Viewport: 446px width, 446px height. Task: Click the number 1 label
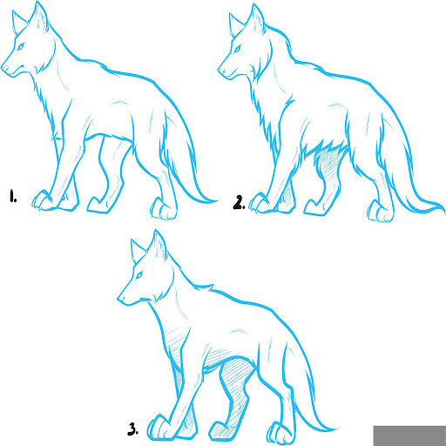coord(13,196)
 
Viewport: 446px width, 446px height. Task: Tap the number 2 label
coord(239,202)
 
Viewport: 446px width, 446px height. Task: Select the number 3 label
coord(132,429)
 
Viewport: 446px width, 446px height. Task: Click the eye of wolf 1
coord(20,46)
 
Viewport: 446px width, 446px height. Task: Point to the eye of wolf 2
coord(237,49)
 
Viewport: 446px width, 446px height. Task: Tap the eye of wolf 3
coord(139,274)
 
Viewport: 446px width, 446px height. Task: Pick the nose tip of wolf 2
coord(220,70)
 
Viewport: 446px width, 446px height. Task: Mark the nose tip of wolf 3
coord(119,298)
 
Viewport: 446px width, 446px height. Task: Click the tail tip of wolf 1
coord(217,200)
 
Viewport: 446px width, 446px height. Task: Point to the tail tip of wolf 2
coord(443,212)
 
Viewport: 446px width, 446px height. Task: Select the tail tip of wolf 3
coord(336,429)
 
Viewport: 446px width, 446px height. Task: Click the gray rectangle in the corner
coord(409,436)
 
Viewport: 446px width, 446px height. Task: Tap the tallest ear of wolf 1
coord(40,16)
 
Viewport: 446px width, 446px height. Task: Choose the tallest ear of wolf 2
coord(256,19)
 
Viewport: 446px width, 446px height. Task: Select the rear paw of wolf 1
coord(163,209)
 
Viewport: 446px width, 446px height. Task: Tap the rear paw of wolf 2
coord(381,212)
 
